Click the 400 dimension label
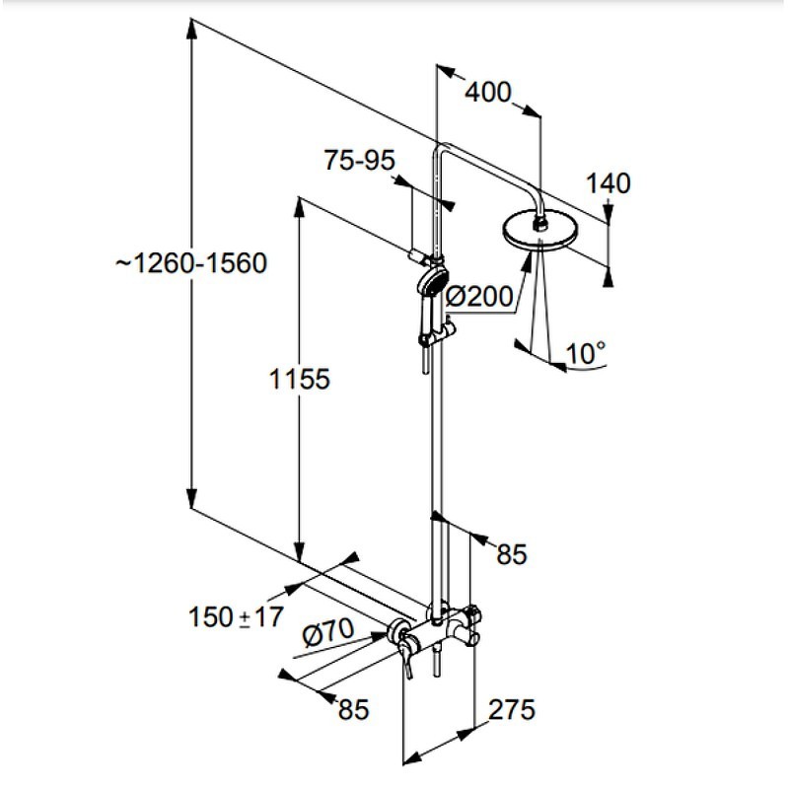(x=488, y=93)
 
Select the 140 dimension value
(x=608, y=182)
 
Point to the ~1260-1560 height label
(x=189, y=264)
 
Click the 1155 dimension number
(x=297, y=379)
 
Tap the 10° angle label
(x=587, y=352)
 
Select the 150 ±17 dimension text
(x=236, y=618)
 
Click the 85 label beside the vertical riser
(x=511, y=554)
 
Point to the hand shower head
(x=431, y=281)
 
